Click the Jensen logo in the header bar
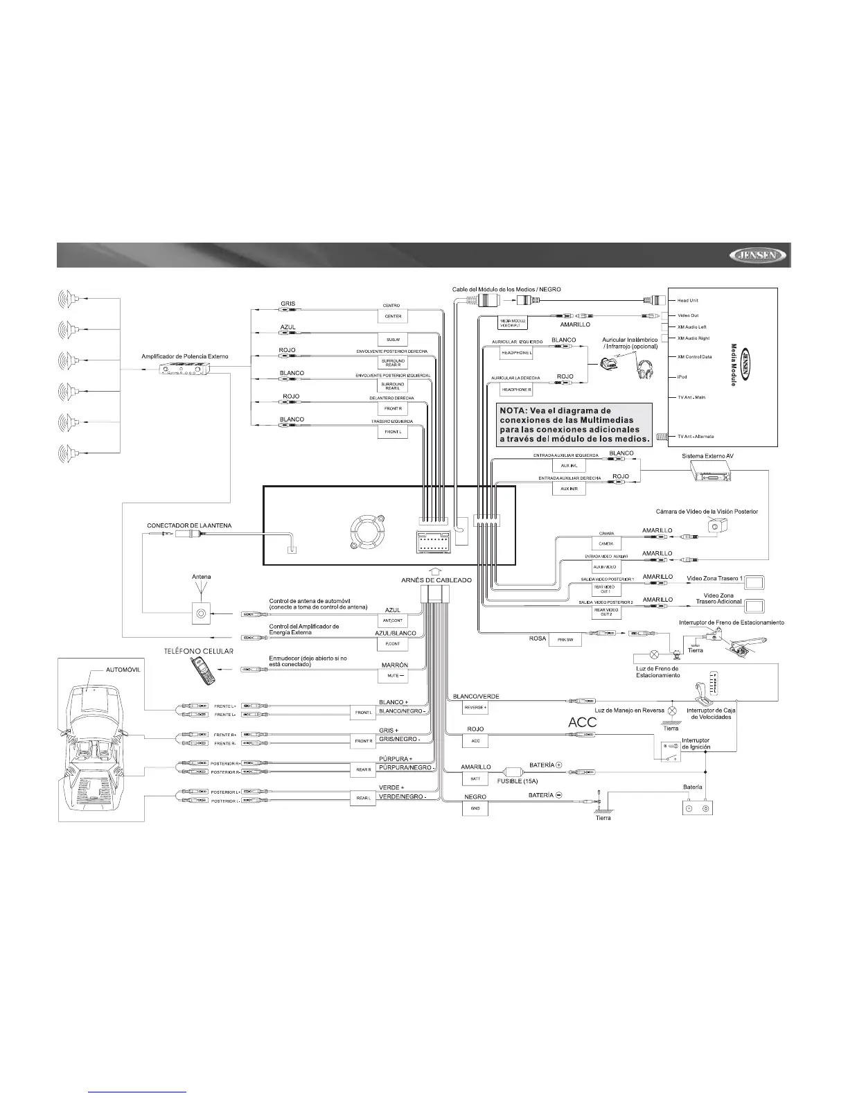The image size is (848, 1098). (759, 256)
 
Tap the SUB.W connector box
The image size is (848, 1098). (393, 340)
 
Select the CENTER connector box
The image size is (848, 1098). (393, 317)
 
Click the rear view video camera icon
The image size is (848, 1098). (713, 526)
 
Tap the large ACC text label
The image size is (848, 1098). (582, 722)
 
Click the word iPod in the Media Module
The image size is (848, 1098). (683, 377)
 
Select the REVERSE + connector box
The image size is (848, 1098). (475, 708)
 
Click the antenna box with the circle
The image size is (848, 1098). (202, 613)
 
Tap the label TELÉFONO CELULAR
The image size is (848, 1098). (198, 651)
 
